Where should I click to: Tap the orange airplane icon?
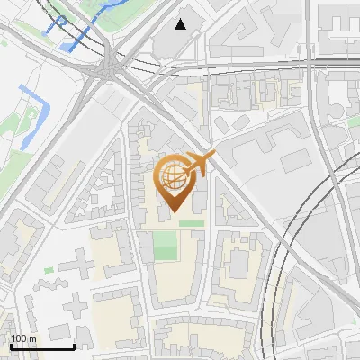coord(198,164)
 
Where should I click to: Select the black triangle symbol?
coord(181,23)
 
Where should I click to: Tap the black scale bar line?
coord(41,346)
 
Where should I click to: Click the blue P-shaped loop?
coord(61,20)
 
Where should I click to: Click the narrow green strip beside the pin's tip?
coord(190,223)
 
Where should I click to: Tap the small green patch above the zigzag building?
coord(49,270)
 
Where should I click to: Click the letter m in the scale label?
coord(33,338)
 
